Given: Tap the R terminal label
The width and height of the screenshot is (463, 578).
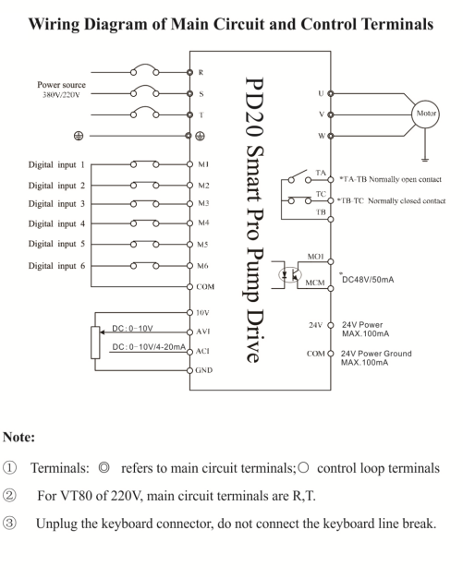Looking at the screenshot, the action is pyautogui.click(x=201, y=72).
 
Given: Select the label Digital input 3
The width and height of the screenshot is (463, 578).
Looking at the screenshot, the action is pyautogui.click(x=56, y=203).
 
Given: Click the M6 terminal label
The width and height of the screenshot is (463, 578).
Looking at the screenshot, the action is pyautogui.click(x=202, y=265).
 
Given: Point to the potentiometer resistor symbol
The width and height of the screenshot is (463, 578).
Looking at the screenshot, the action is pyautogui.click(x=95, y=342).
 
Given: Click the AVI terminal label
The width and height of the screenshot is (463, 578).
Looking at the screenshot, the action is pyautogui.click(x=203, y=331).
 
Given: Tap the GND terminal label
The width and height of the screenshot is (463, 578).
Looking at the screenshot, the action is pyautogui.click(x=203, y=370).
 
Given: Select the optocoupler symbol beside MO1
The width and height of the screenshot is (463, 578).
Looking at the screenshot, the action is pyautogui.click(x=291, y=274).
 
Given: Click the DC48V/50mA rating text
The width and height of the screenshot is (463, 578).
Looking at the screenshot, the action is pyautogui.click(x=368, y=280).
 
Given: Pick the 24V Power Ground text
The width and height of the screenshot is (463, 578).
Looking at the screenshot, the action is pyautogui.click(x=376, y=353).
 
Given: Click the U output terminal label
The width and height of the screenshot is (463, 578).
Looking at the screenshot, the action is pyautogui.click(x=321, y=93).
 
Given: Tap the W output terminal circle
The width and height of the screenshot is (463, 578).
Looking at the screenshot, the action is pyautogui.click(x=331, y=136).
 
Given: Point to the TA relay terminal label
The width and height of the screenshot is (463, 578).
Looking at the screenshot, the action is pyautogui.click(x=321, y=173).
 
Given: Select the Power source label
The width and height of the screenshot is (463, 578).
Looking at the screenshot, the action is pyautogui.click(x=61, y=85).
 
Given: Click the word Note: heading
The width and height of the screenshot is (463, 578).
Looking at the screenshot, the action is pyautogui.click(x=18, y=437).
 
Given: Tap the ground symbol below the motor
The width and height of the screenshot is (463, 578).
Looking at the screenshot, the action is pyautogui.click(x=425, y=160).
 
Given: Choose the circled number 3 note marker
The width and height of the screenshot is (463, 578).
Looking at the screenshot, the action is pyautogui.click(x=9, y=524).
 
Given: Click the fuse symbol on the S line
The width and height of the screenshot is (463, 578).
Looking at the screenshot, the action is pyautogui.click(x=144, y=90).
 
